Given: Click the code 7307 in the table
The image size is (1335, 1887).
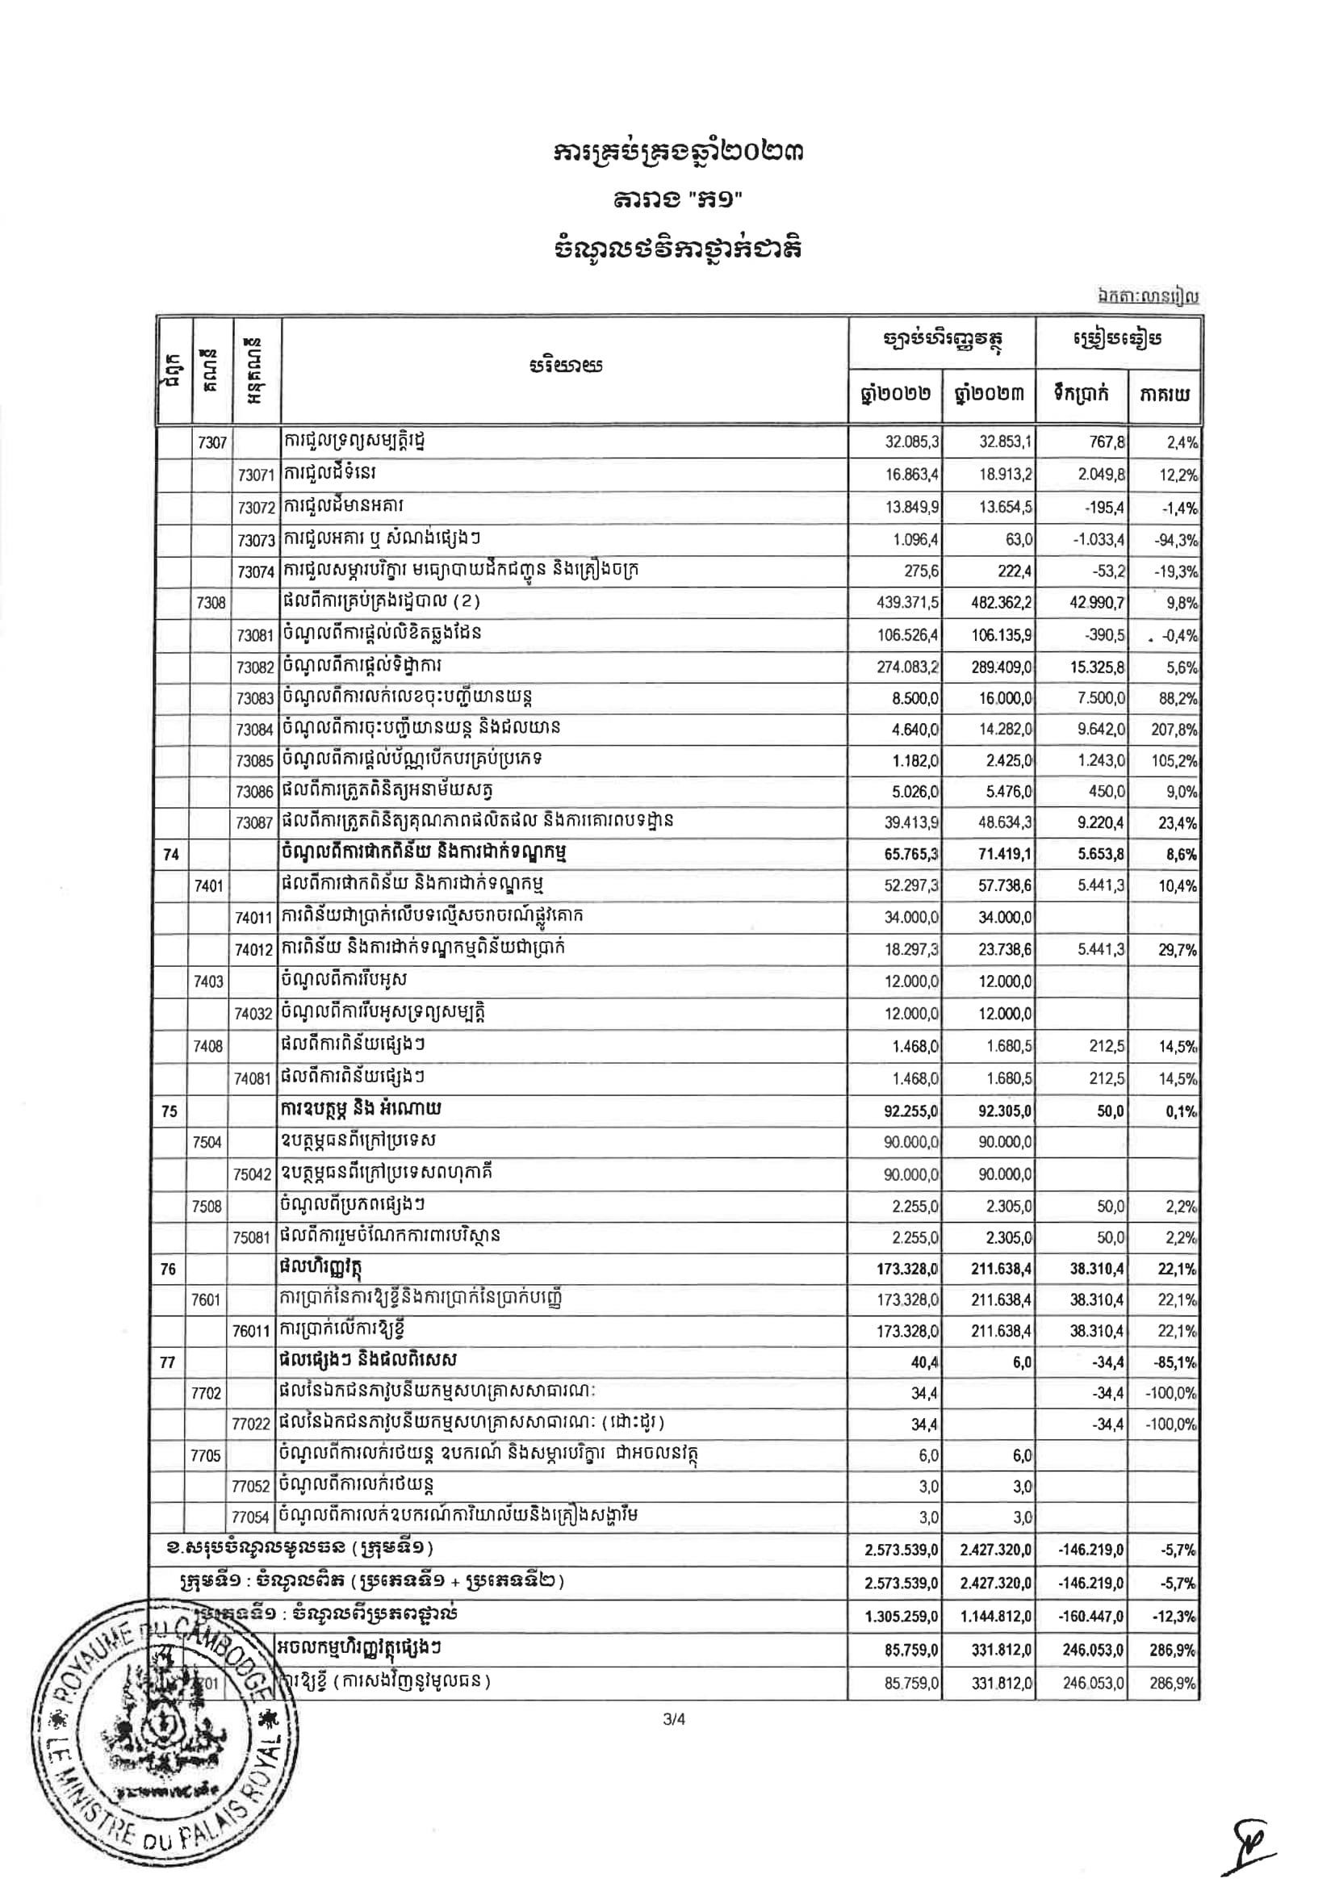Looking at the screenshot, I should [211, 443].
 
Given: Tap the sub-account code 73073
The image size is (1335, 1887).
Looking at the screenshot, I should [255, 540].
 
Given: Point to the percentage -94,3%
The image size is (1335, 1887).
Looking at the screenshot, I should [1178, 540].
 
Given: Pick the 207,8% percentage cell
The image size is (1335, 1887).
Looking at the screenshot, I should [1174, 730].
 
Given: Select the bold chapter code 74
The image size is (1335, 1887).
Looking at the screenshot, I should [171, 855].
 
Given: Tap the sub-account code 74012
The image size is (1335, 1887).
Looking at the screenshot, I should [254, 950].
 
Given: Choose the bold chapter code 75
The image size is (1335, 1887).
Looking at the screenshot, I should [169, 1111].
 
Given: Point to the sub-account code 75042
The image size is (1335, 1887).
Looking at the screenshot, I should [253, 1174].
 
